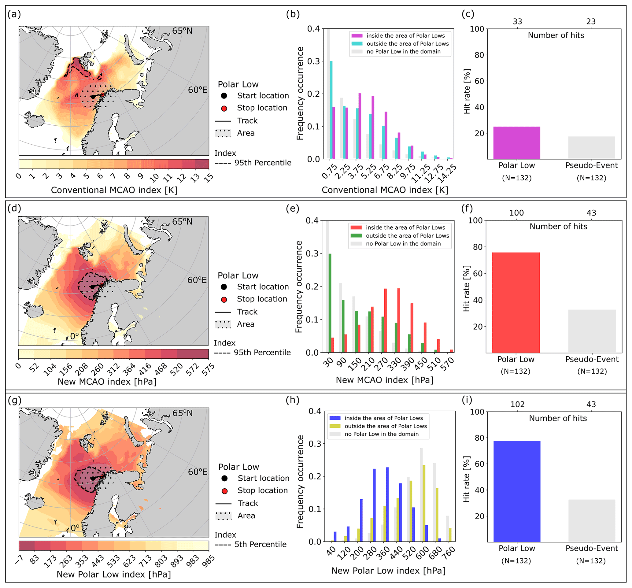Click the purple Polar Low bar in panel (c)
(517, 143)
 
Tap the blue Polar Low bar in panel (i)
(517, 491)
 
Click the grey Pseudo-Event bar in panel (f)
(592, 331)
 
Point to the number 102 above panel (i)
(517, 404)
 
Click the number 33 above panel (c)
(517, 22)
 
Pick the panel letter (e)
(293, 209)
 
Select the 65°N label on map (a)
(182, 31)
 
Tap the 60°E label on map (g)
(198, 472)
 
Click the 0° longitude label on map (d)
(74, 336)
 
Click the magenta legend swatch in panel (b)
(357, 35)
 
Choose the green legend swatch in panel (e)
(356, 235)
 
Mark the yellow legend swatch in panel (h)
(335, 426)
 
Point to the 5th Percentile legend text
(261, 545)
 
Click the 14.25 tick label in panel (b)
(447, 174)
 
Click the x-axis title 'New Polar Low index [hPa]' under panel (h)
(388, 571)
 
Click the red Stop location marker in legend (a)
(224, 108)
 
